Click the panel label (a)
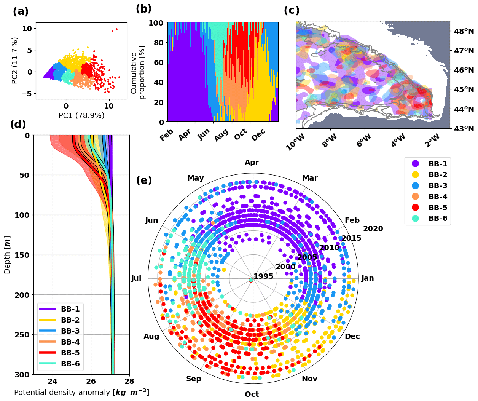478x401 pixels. point(21,12)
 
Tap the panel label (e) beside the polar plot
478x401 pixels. point(144,181)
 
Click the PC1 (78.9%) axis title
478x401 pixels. point(81,115)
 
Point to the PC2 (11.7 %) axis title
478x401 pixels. point(15,60)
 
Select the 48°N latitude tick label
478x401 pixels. point(464,31)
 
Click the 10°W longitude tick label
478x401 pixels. point(295,143)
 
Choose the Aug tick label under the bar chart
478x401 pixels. point(221,135)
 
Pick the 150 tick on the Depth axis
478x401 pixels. point(22,255)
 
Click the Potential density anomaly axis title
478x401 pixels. point(81,392)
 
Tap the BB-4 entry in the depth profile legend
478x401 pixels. point(70,342)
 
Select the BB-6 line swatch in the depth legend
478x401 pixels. point(47,364)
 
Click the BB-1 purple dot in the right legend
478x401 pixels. point(415,164)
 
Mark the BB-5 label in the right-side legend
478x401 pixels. point(438,208)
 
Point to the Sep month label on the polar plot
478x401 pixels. point(193,379)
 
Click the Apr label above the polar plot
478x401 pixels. point(252,163)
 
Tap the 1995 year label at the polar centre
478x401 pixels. point(263,276)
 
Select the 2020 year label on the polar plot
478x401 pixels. point(373,228)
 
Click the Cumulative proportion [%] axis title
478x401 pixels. point(138,72)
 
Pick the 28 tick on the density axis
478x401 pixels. point(129,382)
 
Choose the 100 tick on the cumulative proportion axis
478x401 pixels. point(156,23)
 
